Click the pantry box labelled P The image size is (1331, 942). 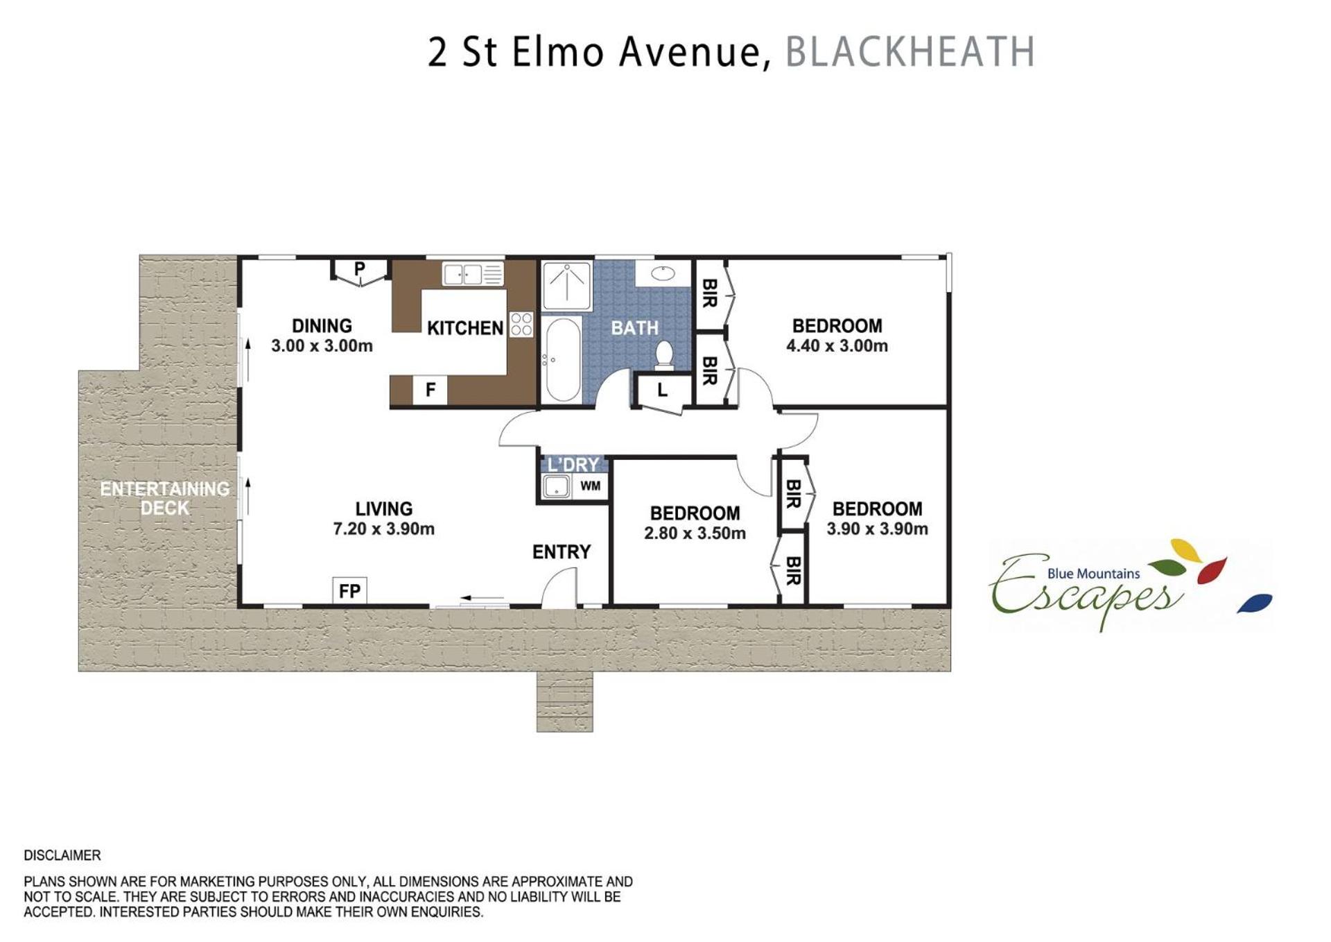tap(359, 269)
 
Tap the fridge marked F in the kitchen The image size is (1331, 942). tap(430, 390)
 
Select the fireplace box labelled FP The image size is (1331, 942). tap(349, 590)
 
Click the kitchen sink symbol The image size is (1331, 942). tap(473, 274)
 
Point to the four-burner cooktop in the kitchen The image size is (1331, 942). tap(521, 324)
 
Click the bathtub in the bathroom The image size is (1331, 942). tap(562, 359)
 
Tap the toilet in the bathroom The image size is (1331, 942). tap(664, 353)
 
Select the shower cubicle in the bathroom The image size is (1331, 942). tap(566, 286)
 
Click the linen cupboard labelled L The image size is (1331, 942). tap(663, 390)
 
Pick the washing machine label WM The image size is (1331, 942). tap(591, 486)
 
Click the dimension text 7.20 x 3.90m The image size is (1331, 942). tap(383, 529)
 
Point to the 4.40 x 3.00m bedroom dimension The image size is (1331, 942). tap(837, 345)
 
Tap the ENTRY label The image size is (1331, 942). tap(562, 552)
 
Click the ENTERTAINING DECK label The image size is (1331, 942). tap(165, 498)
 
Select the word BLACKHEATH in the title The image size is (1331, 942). tap(910, 52)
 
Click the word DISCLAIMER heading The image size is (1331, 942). tap(62, 855)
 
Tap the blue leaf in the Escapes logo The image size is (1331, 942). tap(1255, 603)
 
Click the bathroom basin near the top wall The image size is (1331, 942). tap(663, 273)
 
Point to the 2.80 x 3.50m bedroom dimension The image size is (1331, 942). tap(695, 533)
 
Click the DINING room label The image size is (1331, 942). tap(322, 326)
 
